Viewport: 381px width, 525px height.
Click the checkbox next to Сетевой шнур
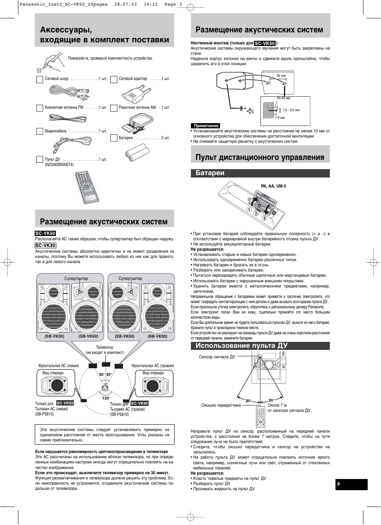tap(40, 80)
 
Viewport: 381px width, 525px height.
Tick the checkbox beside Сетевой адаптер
tap(114, 80)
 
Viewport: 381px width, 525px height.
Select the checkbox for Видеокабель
tap(40, 132)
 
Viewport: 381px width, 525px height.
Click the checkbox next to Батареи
tap(114, 138)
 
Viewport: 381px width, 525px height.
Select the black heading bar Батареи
tap(260, 173)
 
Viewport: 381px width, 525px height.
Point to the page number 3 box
tap(351, 484)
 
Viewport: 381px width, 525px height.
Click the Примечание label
tap(206, 126)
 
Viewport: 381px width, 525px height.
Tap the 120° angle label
tap(106, 398)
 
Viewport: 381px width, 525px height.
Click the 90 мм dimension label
tap(281, 76)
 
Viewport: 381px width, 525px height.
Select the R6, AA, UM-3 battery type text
tap(273, 186)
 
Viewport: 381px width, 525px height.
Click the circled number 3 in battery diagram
tap(264, 218)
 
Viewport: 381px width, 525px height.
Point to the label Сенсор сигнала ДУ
tap(217, 357)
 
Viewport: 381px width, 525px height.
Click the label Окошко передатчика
tap(221, 405)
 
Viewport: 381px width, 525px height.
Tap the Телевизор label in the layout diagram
tap(105, 347)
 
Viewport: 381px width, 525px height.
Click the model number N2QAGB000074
tap(59, 165)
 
